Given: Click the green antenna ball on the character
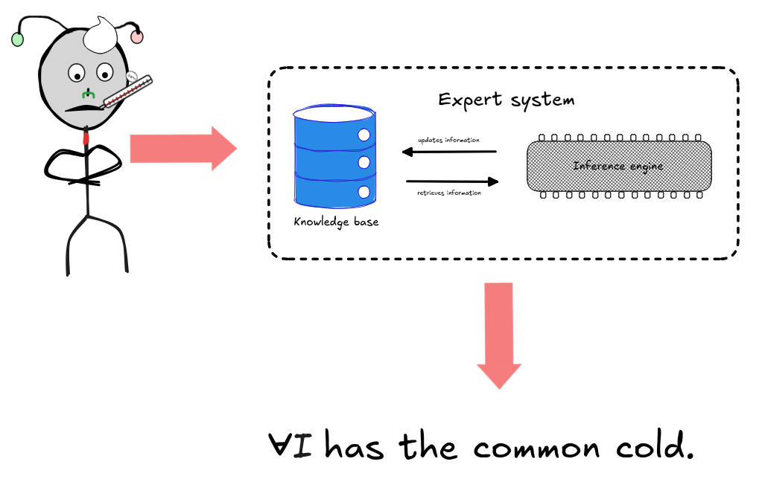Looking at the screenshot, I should click(x=18, y=39).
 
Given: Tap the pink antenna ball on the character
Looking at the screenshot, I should click(x=137, y=36).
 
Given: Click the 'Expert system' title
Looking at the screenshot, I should click(x=506, y=100).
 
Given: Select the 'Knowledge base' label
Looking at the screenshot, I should click(x=336, y=222).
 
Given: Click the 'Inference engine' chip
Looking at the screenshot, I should click(x=618, y=165).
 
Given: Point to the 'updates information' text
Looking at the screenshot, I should click(x=448, y=140).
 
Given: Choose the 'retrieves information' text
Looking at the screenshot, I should click(x=449, y=193).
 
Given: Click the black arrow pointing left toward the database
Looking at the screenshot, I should click(x=449, y=152).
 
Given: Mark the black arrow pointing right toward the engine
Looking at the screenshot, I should click(x=452, y=181).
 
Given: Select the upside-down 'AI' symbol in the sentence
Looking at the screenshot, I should click(x=293, y=446).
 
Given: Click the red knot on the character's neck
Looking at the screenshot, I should click(x=87, y=137).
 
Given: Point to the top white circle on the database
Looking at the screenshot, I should click(x=364, y=135).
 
